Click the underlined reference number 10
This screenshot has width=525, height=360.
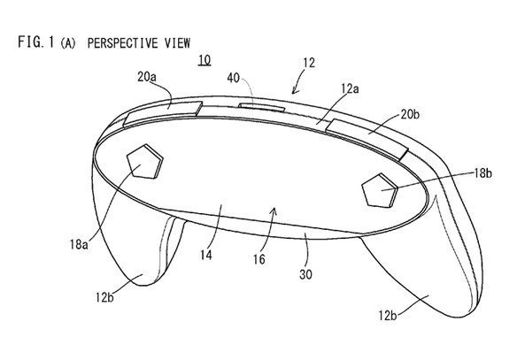(205, 60)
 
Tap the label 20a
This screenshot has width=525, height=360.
(147, 77)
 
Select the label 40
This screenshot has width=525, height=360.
(234, 79)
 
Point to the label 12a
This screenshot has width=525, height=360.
(350, 89)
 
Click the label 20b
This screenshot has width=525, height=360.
(410, 115)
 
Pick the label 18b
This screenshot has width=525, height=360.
(483, 173)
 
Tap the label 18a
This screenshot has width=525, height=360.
(79, 245)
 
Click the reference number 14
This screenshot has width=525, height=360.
(206, 255)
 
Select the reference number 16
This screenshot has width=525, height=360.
(259, 259)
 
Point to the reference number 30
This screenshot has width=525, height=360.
(305, 274)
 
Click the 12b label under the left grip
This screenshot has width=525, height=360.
(104, 297)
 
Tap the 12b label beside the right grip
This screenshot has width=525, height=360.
(388, 316)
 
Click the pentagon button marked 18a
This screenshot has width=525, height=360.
(144, 161)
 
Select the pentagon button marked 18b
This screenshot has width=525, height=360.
(380, 189)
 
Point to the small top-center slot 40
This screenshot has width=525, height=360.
(261, 107)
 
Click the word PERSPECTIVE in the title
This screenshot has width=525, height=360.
(122, 43)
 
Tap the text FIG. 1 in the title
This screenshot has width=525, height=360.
(35, 42)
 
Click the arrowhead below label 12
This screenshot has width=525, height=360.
(294, 91)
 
